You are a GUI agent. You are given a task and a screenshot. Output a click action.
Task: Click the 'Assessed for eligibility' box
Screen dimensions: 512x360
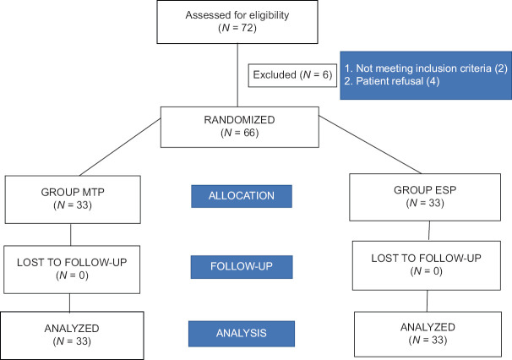[237, 22]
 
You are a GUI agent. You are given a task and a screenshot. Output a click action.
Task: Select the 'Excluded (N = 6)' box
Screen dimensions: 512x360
[292, 75]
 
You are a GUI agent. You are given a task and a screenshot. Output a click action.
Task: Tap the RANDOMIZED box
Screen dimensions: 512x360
[240, 127]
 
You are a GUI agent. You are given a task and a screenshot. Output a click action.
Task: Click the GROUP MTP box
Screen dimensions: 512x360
[73, 199]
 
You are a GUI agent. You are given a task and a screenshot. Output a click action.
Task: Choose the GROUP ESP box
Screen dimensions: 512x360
[425, 197]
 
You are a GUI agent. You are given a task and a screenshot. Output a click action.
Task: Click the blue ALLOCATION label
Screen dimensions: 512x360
[242, 196]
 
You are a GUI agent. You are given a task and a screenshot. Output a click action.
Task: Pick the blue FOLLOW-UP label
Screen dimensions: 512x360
[242, 267]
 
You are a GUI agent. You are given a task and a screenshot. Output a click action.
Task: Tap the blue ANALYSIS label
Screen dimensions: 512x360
[242, 334]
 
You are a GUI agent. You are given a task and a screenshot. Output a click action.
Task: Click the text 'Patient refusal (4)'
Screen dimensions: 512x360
[392, 81]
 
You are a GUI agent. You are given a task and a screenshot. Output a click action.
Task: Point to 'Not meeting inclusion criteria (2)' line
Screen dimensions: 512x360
[426, 68]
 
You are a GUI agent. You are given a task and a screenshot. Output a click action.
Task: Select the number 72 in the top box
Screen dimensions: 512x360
[248, 28]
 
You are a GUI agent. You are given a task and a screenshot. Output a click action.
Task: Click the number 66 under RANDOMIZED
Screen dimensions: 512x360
[250, 133]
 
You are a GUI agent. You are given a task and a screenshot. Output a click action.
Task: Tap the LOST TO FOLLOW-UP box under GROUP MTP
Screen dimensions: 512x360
[72, 270]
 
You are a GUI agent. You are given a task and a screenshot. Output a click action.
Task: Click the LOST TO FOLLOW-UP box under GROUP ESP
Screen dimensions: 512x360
[427, 265]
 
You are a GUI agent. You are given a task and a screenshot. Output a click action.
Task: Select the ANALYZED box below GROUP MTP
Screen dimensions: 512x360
[72, 335]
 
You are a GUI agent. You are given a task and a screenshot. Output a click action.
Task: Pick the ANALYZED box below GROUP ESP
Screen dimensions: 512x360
[428, 334]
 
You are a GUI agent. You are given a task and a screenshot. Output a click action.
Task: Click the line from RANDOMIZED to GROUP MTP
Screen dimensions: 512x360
[120, 147]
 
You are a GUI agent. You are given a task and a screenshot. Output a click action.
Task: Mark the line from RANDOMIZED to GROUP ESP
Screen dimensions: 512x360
[370, 145]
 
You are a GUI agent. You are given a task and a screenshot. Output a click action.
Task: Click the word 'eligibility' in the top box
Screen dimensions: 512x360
[269, 15]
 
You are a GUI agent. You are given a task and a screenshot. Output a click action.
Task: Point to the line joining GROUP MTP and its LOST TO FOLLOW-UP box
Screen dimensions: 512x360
[70, 235]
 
